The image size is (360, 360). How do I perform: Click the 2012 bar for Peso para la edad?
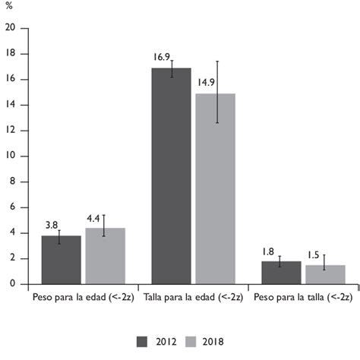[x=61, y=260]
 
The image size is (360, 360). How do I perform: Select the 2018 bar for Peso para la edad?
[x=105, y=256]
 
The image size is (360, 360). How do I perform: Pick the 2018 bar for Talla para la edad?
[x=216, y=189]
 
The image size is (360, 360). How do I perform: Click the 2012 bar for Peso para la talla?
[x=281, y=273]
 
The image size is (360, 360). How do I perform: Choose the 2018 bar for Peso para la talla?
[x=325, y=274]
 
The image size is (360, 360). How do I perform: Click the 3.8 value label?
[x=51, y=225]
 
